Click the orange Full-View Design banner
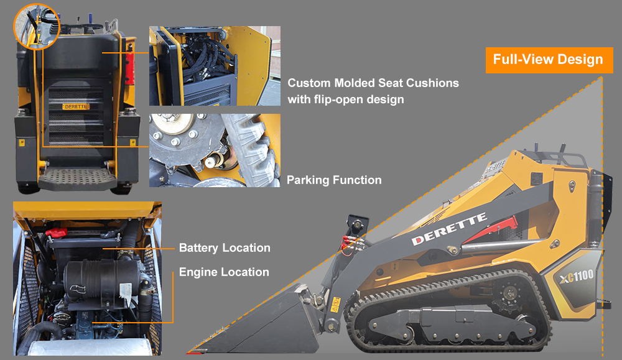point(548,60)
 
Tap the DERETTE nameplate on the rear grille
point(76,106)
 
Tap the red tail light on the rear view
point(129,68)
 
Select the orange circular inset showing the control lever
point(35,27)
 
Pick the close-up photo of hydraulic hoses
point(215,66)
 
